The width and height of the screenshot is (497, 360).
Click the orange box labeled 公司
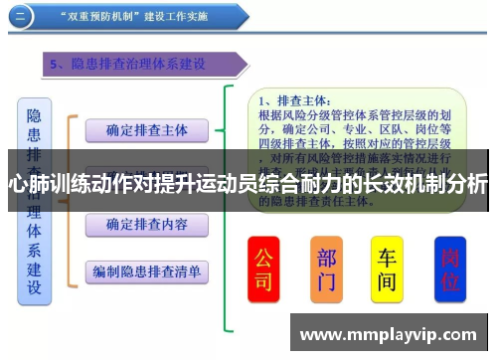[263, 269]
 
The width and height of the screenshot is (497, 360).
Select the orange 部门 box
[326, 269]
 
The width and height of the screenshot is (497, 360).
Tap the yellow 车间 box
[387, 269]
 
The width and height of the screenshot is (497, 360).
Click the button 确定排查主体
[147, 129]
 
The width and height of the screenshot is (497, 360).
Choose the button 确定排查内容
[147, 225]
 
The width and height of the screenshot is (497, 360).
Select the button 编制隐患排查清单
[147, 270]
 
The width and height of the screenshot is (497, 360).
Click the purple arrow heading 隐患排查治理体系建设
[144, 65]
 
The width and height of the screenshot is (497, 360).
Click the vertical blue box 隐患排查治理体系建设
[34, 199]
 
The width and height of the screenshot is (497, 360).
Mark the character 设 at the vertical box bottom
[34, 288]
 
